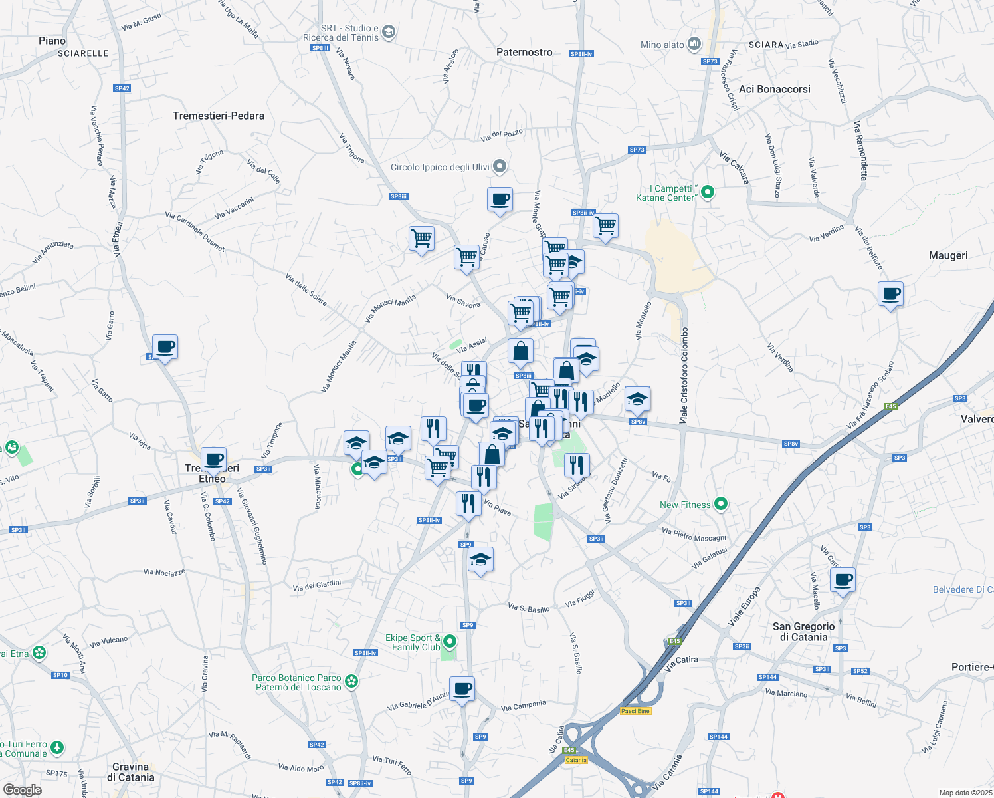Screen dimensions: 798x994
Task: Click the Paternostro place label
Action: tap(524, 52)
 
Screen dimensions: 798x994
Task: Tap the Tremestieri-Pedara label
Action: tap(219, 116)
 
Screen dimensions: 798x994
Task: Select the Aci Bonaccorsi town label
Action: tap(775, 89)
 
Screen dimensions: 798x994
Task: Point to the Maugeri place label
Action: tap(948, 255)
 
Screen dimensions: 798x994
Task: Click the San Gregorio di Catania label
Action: tap(804, 632)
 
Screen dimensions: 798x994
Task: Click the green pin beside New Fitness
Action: tap(721, 505)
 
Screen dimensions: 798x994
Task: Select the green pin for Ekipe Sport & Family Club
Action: tap(450, 642)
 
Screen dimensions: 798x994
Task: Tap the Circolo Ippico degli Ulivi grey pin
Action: tap(501, 166)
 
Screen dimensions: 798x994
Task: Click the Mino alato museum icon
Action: tap(694, 44)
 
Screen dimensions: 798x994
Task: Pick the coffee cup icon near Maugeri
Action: tap(890, 293)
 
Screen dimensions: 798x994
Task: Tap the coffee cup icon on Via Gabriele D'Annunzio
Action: tap(462, 688)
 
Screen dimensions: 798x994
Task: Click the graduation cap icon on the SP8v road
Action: tap(637, 398)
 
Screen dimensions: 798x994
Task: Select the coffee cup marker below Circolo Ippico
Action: tap(500, 199)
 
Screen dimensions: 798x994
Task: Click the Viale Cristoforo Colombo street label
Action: tap(684, 376)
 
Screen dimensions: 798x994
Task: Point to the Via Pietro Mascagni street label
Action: tap(694, 534)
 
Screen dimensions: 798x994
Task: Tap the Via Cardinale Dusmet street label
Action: tap(195, 231)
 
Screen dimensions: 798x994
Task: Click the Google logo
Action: tap(22, 790)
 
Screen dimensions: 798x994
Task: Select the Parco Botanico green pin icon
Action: tap(351, 682)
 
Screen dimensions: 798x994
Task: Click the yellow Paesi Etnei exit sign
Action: tap(636, 711)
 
